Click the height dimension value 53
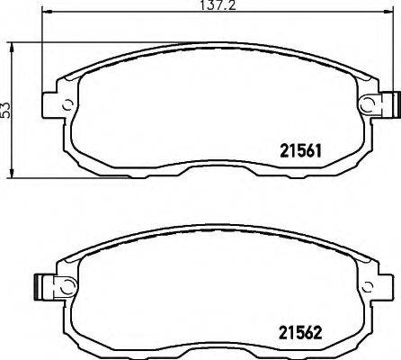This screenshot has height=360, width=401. click(7, 110)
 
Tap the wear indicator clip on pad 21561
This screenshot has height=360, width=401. click(388, 104)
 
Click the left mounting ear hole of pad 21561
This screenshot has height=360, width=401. click(66, 101)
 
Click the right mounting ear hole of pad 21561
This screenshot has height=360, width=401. click(369, 104)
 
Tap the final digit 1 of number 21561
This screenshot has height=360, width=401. click(319, 150)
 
